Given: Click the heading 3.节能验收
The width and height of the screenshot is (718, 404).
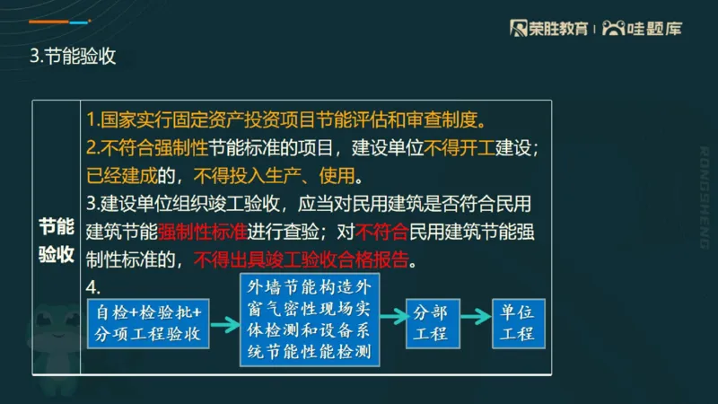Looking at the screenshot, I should [74, 57].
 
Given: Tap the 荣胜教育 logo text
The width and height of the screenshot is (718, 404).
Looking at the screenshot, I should [549, 28].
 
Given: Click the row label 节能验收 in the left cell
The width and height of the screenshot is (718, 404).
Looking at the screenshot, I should [56, 240].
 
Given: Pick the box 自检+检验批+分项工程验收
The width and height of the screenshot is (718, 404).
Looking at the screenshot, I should [149, 324].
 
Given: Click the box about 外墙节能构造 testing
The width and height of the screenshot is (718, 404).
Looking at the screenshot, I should [310, 320].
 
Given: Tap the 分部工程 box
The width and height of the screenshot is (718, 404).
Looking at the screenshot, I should [430, 322].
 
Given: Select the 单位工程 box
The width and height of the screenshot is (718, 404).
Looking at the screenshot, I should [517, 322].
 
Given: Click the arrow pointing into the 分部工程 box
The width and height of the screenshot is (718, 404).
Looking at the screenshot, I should [392, 317].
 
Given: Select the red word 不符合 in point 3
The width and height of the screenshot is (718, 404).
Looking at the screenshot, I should [382, 232].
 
